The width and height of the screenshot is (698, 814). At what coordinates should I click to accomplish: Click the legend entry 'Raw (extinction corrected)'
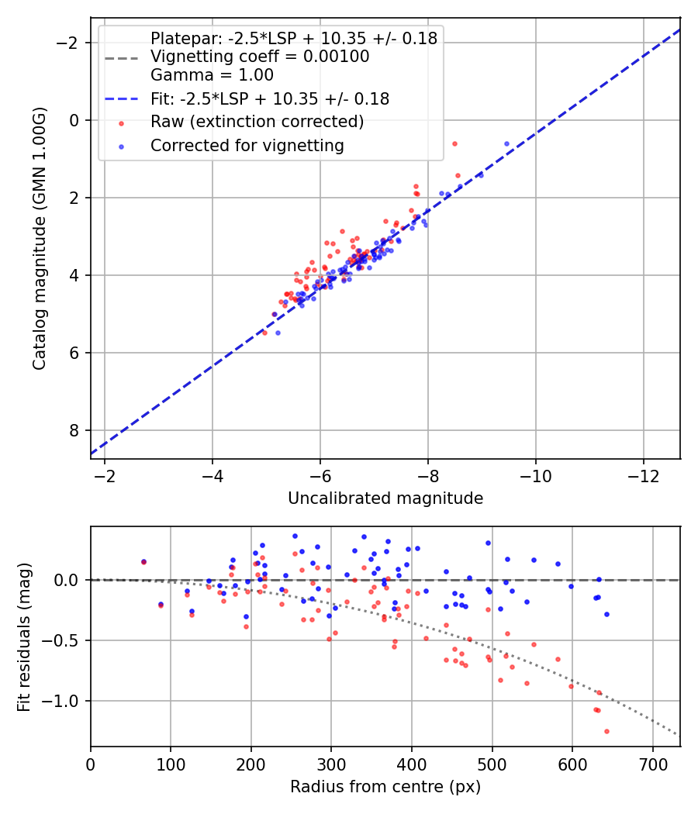pyautogui.click(x=257, y=122)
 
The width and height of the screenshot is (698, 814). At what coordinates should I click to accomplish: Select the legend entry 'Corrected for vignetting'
pyautogui.click(x=247, y=145)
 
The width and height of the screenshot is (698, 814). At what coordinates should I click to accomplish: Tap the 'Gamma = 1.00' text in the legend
pyautogui.click(x=212, y=75)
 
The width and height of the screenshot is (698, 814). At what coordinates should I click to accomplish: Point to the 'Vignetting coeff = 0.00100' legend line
pyautogui.click(x=260, y=57)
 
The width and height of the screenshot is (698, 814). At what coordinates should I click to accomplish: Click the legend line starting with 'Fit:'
pyautogui.click(x=270, y=98)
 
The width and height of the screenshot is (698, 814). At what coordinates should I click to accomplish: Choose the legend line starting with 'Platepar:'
pyautogui.click(x=294, y=38)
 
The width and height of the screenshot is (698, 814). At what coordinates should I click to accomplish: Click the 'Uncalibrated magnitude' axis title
pyautogui.click(x=385, y=498)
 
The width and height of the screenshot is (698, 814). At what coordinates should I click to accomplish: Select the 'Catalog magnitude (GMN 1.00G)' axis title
pyautogui.click(x=40, y=238)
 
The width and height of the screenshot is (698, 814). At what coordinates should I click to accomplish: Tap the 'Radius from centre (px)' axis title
pyautogui.click(x=385, y=787)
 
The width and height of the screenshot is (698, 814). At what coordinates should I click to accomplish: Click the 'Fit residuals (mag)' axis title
pyautogui.click(x=24, y=636)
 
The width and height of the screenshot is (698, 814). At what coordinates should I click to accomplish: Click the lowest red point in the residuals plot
pyautogui.click(x=606, y=731)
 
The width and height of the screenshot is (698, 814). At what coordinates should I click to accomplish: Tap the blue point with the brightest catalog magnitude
pyautogui.click(x=506, y=143)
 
